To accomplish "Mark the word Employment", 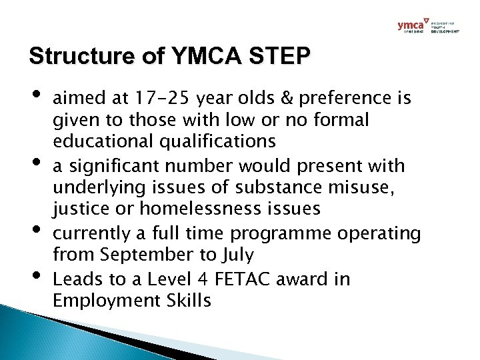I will (105, 300).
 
